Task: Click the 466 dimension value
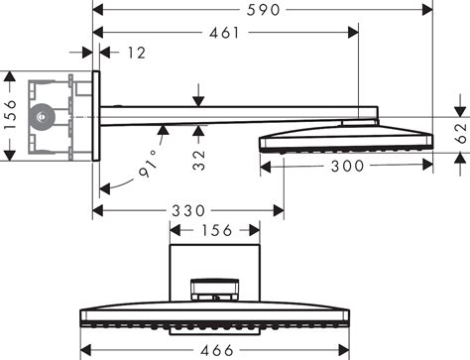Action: click(x=215, y=349)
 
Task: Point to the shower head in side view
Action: click(x=345, y=136)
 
